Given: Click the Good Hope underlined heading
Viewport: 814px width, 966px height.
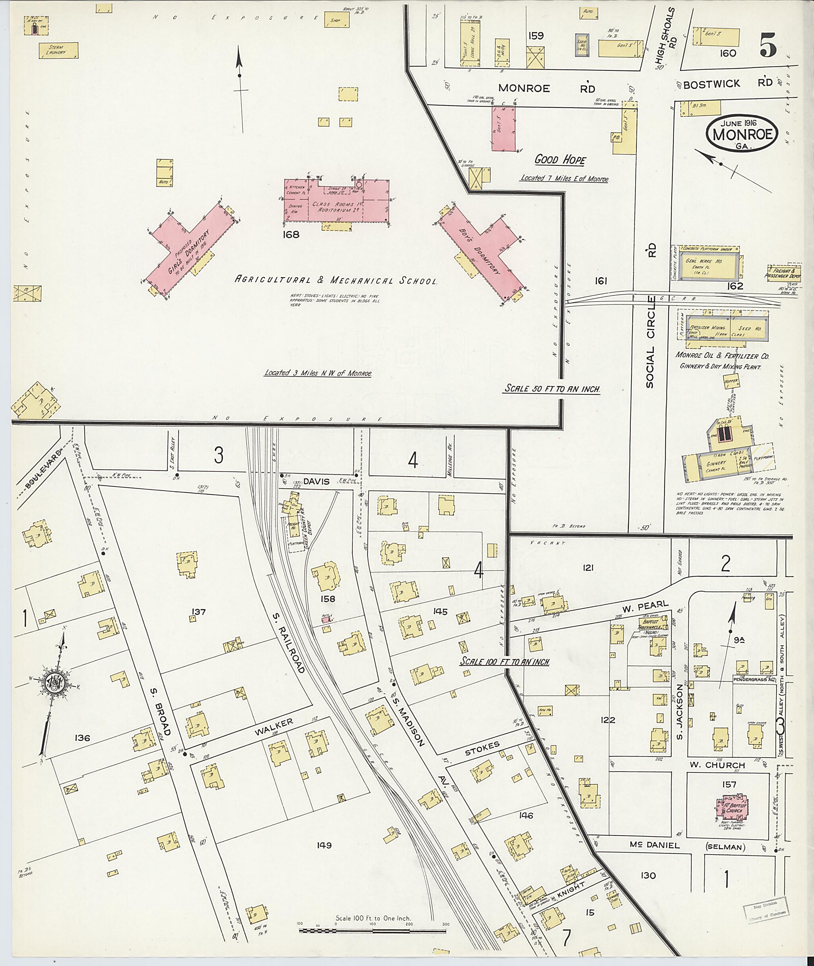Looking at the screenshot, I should pyautogui.click(x=560, y=160).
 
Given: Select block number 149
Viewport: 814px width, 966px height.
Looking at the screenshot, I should pyautogui.click(x=324, y=845).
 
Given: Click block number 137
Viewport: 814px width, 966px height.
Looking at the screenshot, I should pyautogui.click(x=199, y=612).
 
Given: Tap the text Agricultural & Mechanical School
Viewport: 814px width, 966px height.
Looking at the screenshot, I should pyautogui.click(x=335, y=280).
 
